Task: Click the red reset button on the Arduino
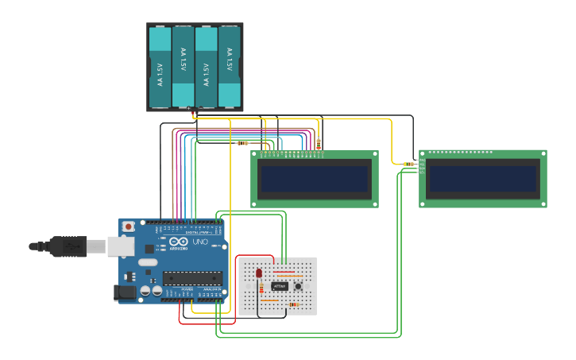(129, 226)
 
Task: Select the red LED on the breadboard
(259, 273)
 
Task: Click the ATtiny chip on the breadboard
(280, 286)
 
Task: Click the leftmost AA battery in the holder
(160, 68)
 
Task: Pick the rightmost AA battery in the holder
(230, 68)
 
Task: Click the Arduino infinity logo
(179, 242)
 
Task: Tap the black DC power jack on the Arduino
(125, 292)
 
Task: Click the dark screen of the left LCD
(315, 179)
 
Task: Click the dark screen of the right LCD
(483, 179)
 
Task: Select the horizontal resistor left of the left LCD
(242, 143)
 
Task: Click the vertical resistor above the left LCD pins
(319, 144)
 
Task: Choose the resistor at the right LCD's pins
(408, 165)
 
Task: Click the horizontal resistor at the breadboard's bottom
(295, 304)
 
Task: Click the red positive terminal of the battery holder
(194, 112)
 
